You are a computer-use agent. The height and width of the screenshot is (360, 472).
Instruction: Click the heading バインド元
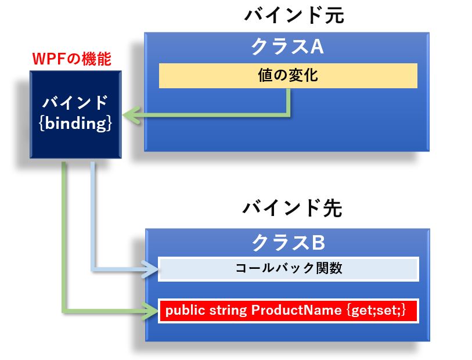pyautogui.click(x=294, y=15)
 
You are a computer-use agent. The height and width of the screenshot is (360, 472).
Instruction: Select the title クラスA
pyautogui.click(x=287, y=47)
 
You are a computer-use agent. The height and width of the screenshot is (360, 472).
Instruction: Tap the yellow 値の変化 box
pyautogui.click(x=288, y=75)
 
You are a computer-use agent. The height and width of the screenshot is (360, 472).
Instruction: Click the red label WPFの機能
pyautogui.click(x=71, y=59)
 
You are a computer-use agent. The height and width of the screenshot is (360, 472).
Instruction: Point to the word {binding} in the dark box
pyautogui.click(x=75, y=123)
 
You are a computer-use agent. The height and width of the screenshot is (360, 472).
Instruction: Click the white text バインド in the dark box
pyautogui.click(x=75, y=102)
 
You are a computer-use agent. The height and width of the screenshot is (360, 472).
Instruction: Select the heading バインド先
pyautogui.click(x=292, y=208)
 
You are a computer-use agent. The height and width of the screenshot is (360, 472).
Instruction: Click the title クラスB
pyautogui.click(x=288, y=243)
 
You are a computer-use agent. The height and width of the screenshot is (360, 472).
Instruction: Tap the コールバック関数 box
pyautogui.click(x=289, y=269)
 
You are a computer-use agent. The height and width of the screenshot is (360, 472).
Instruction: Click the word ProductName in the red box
pyautogui.click(x=296, y=310)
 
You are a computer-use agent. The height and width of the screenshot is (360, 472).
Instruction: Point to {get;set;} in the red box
pyautogui.click(x=376, y=310)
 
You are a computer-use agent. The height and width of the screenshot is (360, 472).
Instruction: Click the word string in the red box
pyautogui.click(x=228, y=311)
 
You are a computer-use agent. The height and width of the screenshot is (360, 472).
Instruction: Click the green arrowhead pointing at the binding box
pyautogui.click(x=131, y=115)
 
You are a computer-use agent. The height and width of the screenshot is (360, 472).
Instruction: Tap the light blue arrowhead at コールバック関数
pyautogui.click(x=150, y=268)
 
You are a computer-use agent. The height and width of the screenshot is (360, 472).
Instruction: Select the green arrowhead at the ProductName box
pyautogui.click(x=150, y=310)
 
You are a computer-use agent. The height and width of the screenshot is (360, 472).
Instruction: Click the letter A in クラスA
pyautogui.click(x=316, y=47)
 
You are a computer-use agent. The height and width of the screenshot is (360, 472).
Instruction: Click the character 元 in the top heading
pyautogui.click(x=334, y=15)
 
